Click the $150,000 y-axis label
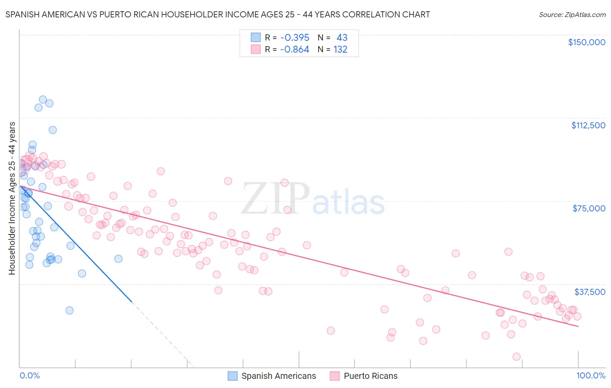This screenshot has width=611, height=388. (x=586, y=42)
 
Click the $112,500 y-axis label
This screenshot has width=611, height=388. (x=588, y=125)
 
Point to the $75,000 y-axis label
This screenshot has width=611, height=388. (x=589, y=208)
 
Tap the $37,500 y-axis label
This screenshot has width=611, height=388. (x=590, y=291)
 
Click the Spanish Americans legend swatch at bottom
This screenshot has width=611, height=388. (x=233, y=376)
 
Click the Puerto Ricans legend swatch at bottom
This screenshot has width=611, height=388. (x=335, y=376)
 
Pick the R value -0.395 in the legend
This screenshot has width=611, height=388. (x=295, y=38)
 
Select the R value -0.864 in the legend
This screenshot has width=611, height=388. (x=295, y=50)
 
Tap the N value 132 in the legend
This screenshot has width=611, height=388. (x=340, y=50)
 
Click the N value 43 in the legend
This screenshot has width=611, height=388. (x=342, y=38)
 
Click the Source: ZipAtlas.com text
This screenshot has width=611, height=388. (x=572, y=15)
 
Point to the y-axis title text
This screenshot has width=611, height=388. (x=12, y=198)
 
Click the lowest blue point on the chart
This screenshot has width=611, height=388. (x=70, y=311)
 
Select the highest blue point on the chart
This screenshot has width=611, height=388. (x=43, y=100)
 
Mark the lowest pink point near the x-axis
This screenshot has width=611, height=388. (x=516, y=357)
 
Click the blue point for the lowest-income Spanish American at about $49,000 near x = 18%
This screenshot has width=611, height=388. (x=118, y=259)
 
